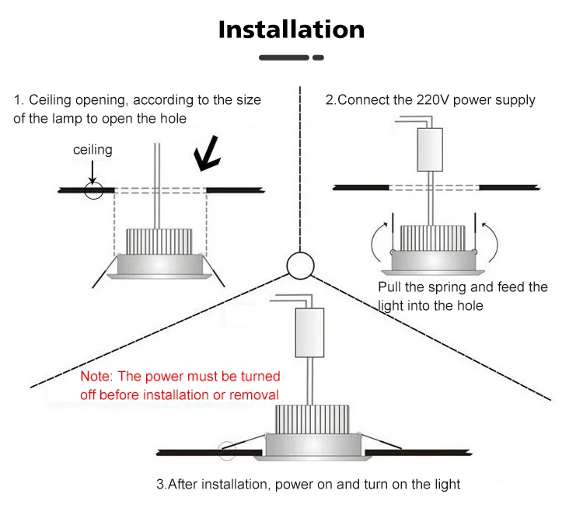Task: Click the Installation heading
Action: coord(291,30)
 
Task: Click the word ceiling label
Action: coord(93,149)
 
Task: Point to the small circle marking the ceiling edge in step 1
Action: coord(94,189)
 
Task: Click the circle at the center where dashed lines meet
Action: coord(298,266)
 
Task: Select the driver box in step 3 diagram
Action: coord(309,331)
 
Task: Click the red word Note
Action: coord(96,377)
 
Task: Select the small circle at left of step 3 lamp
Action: coord(227,449)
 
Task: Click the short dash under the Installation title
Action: coord(318,57)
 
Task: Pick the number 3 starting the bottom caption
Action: coord(160,485)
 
